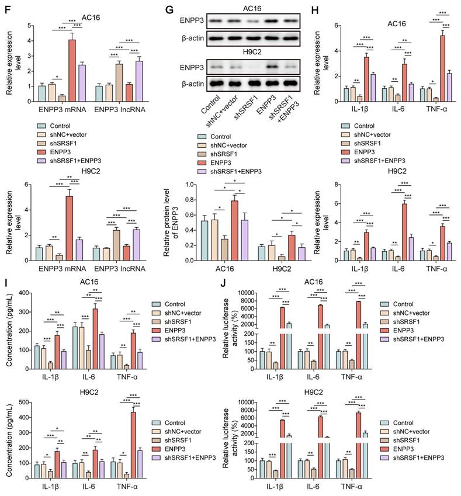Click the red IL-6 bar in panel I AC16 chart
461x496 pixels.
coord(95,339)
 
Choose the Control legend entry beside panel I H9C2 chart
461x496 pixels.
coord(175,421)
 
